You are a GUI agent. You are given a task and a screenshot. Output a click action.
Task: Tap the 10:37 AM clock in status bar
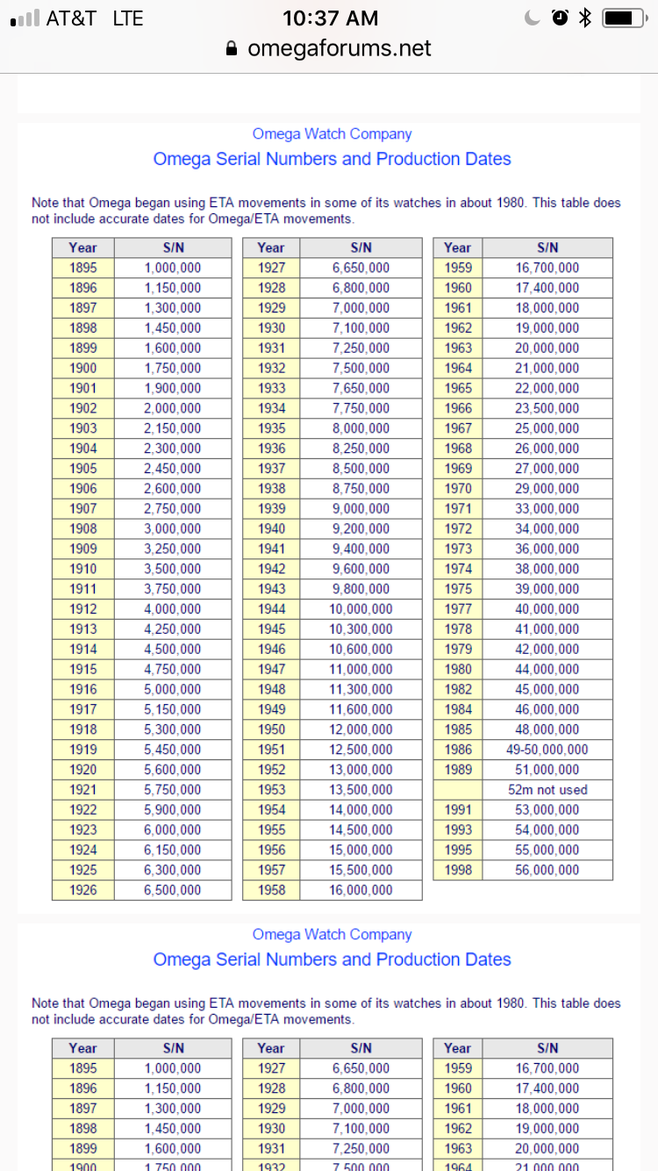331,18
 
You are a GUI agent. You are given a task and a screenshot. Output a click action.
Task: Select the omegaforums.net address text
340,48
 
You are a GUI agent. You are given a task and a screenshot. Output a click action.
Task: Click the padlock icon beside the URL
232,49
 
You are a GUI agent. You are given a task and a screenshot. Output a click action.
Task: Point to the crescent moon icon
533,18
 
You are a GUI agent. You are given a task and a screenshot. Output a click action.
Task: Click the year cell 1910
83,569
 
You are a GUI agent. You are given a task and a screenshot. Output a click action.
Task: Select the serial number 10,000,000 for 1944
361,609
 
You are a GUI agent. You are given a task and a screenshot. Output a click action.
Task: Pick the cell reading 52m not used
547,790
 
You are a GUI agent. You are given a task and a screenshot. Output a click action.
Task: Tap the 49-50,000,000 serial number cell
547,750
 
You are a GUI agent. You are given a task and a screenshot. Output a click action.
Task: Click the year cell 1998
457,870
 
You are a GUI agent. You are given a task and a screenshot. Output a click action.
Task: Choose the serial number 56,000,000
547,870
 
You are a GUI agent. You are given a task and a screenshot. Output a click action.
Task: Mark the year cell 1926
83,890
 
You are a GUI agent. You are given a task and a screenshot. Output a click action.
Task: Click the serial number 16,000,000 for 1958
361,890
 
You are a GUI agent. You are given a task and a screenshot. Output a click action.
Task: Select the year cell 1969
457,469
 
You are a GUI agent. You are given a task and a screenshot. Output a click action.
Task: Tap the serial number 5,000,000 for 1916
173,689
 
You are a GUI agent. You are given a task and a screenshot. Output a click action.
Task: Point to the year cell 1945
271,629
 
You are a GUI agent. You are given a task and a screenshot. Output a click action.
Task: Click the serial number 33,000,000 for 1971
547,508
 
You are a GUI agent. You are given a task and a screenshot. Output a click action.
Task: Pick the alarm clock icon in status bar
560,18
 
